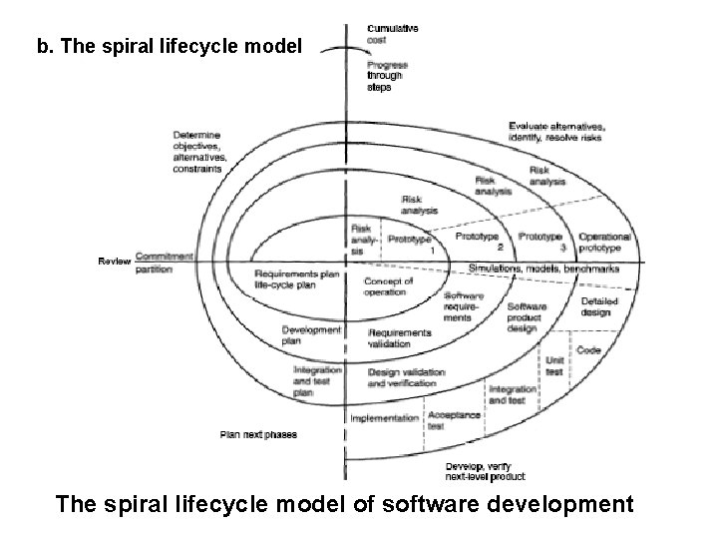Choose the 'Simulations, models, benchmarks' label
543,269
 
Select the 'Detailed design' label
600,308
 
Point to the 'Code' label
588,350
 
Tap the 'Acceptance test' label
454,419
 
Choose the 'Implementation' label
384,418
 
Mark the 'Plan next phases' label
258,435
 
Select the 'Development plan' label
311,335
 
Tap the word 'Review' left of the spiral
114,261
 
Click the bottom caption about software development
345,504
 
